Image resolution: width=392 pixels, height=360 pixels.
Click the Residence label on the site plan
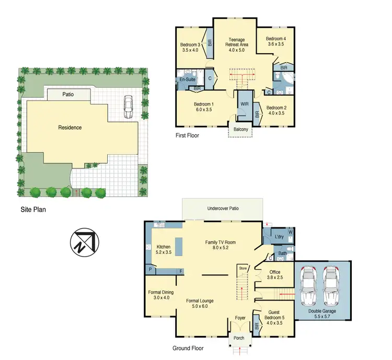pos(70,127)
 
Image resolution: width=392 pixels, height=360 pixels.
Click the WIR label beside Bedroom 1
pos(244,104)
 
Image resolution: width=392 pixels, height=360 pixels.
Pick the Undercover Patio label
pos(223,208)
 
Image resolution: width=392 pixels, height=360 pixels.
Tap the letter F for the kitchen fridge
pos(181,271)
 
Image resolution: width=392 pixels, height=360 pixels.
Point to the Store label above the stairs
pos(243,269)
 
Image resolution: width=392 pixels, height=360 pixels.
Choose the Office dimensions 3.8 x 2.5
pos(274,278)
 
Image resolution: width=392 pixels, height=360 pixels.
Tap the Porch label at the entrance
pos(239,338)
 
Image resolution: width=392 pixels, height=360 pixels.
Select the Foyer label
pos(240,317)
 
